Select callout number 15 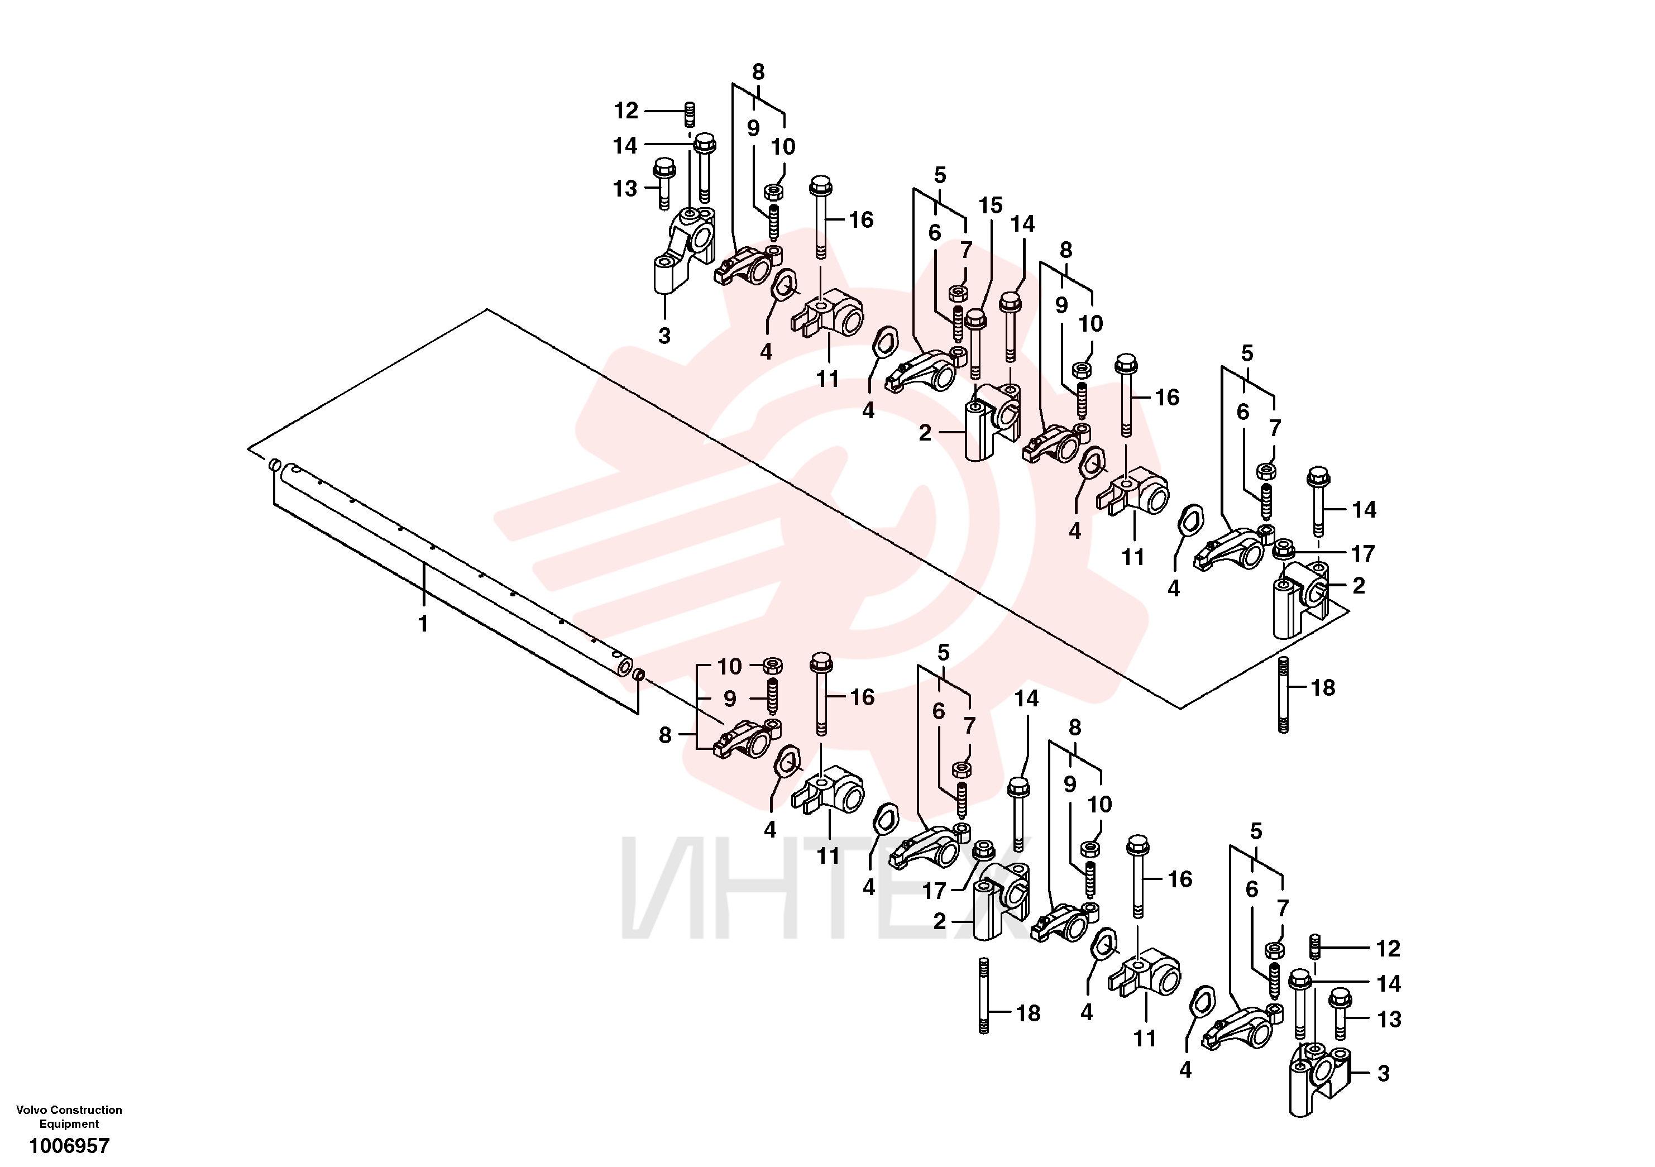pos(991,205)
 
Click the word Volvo pos(30,1110)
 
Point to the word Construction pos(85,1110)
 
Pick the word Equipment pos(69,1124)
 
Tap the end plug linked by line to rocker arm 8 pos(639,676)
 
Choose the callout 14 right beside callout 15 pos(1022,224)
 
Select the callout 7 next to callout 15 pos(966,250)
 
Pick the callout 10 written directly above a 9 pos(729,666)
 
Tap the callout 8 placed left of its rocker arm pos(664,735)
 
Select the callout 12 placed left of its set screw pos(626,111)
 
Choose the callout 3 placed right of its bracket pos(1383,1073)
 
